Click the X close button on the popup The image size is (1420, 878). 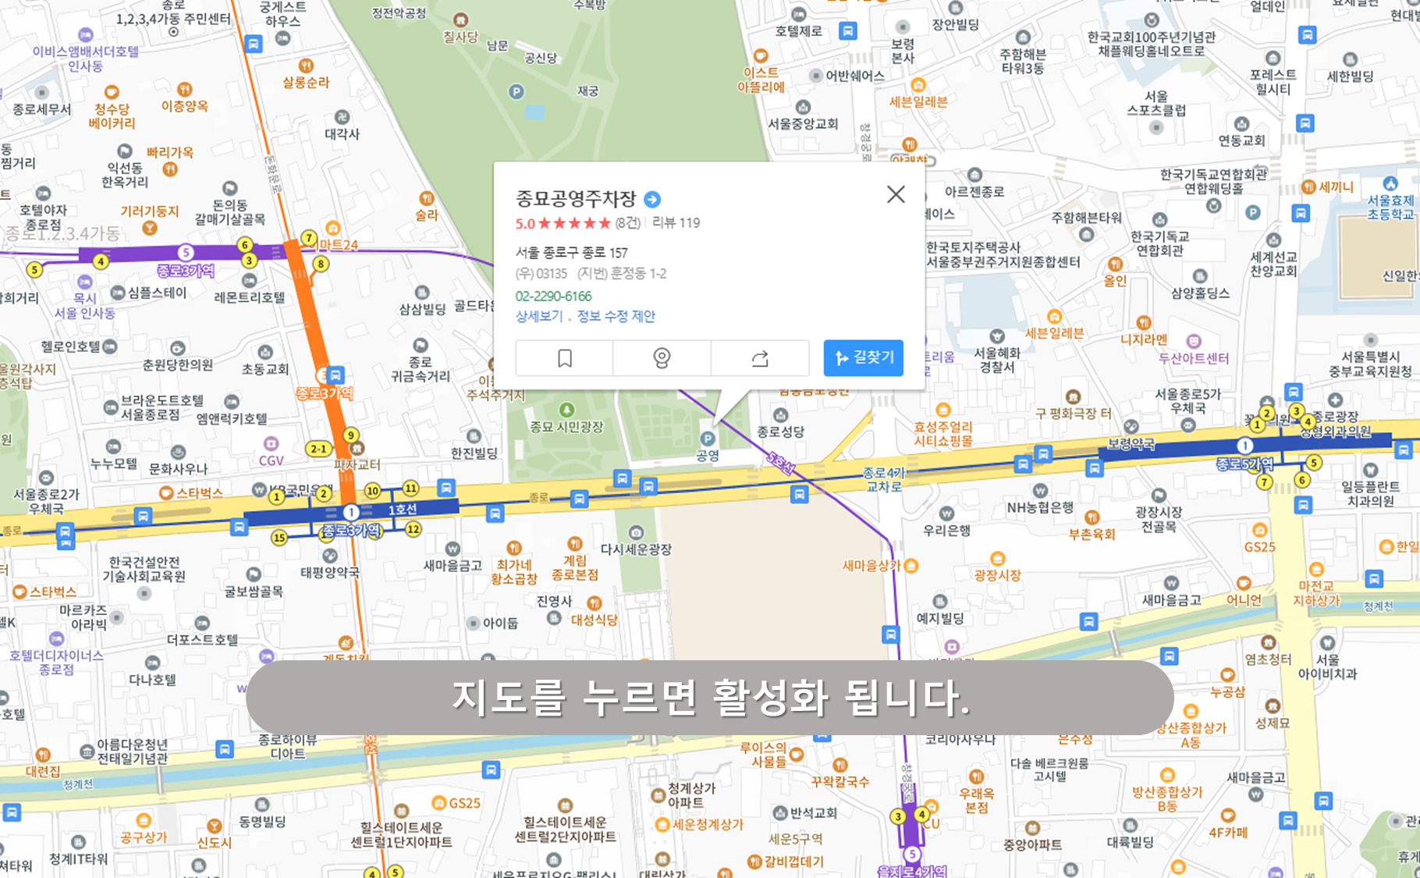896,194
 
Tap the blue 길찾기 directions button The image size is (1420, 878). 863,357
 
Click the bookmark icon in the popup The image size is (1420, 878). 564,358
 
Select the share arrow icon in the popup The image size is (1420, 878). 759,358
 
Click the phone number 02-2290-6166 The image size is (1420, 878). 553,296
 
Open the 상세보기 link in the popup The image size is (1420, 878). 538,316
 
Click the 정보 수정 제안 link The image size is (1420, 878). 616,316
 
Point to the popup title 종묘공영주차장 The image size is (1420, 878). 576,199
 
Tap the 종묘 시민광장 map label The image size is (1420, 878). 566,426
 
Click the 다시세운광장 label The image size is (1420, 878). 636,549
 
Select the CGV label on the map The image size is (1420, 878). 271,460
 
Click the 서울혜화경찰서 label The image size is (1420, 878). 996,360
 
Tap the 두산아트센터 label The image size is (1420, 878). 1193,357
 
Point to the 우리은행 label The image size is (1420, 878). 946,530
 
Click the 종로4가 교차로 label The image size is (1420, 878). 884,479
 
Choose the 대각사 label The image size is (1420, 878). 342,133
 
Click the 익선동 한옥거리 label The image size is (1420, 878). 125,175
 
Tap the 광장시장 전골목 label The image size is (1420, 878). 1159,519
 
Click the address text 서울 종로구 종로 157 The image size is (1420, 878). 571,252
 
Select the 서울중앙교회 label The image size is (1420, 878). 803,123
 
